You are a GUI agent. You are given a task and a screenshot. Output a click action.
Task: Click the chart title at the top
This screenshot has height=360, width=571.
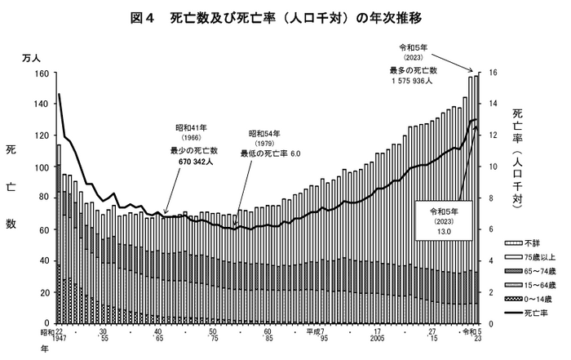pos(285,16)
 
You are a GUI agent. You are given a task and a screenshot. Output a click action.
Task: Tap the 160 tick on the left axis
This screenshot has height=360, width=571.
pos(42,73)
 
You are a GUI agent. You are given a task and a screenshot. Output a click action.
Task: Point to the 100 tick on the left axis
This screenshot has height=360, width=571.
pos(42,167)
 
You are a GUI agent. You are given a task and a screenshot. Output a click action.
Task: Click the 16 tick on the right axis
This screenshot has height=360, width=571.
pos(493,73)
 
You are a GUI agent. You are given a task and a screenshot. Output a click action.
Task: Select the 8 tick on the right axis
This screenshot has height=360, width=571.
pos(491,198)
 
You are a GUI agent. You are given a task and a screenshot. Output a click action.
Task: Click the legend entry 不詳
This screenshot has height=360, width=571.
pos(532,243)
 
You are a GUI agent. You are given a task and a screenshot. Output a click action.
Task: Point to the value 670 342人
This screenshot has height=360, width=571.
pos(192,162)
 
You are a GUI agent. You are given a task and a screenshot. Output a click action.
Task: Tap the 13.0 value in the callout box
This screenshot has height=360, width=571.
pos(443,232)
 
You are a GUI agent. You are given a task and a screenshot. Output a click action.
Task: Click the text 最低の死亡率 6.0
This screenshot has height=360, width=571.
pos(271,153)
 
